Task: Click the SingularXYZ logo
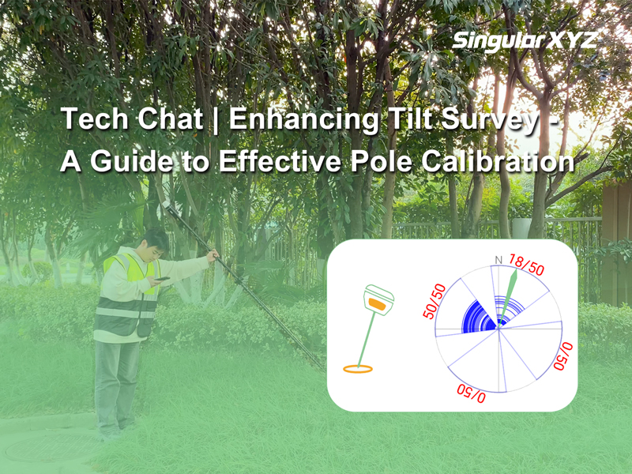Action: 525,41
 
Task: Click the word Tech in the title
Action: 92,119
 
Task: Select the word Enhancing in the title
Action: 303,120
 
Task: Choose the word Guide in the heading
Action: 132,161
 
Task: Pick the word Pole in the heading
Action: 382,161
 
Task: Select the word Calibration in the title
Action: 498,161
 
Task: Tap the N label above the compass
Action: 498,261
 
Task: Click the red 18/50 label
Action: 526,265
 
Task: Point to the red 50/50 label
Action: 434,301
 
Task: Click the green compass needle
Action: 508,299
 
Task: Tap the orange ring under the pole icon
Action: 358,368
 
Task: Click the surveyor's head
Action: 156,245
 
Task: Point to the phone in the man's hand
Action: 162,279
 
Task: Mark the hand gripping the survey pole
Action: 213,255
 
